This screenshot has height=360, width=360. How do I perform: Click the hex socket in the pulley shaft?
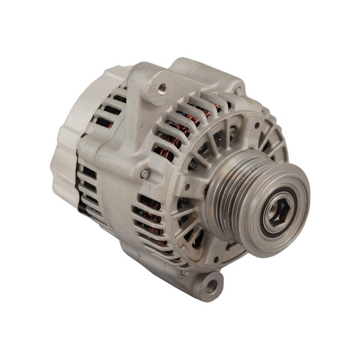(278, 213)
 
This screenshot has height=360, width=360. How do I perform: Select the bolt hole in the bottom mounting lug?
(211, 286)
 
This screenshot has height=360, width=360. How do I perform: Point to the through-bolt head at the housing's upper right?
(238, 90)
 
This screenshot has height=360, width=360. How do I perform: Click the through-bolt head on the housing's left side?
(144, 173)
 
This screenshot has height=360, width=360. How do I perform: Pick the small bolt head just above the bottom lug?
(184, 273)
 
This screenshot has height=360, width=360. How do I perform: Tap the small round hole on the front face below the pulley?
(217, 259)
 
